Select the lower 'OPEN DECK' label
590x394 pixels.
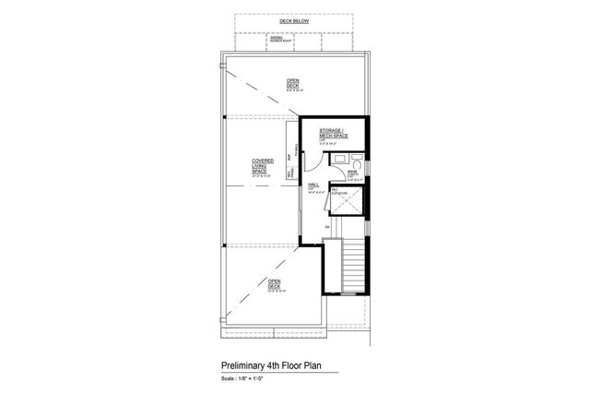274,285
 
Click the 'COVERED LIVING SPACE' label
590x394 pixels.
262,165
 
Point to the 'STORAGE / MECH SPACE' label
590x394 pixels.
333,136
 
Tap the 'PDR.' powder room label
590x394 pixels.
352,172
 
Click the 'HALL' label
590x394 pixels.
313,186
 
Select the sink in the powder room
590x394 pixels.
338,160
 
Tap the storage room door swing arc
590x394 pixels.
313,161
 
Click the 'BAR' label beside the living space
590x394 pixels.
289,158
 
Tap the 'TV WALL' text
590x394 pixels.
295,149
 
